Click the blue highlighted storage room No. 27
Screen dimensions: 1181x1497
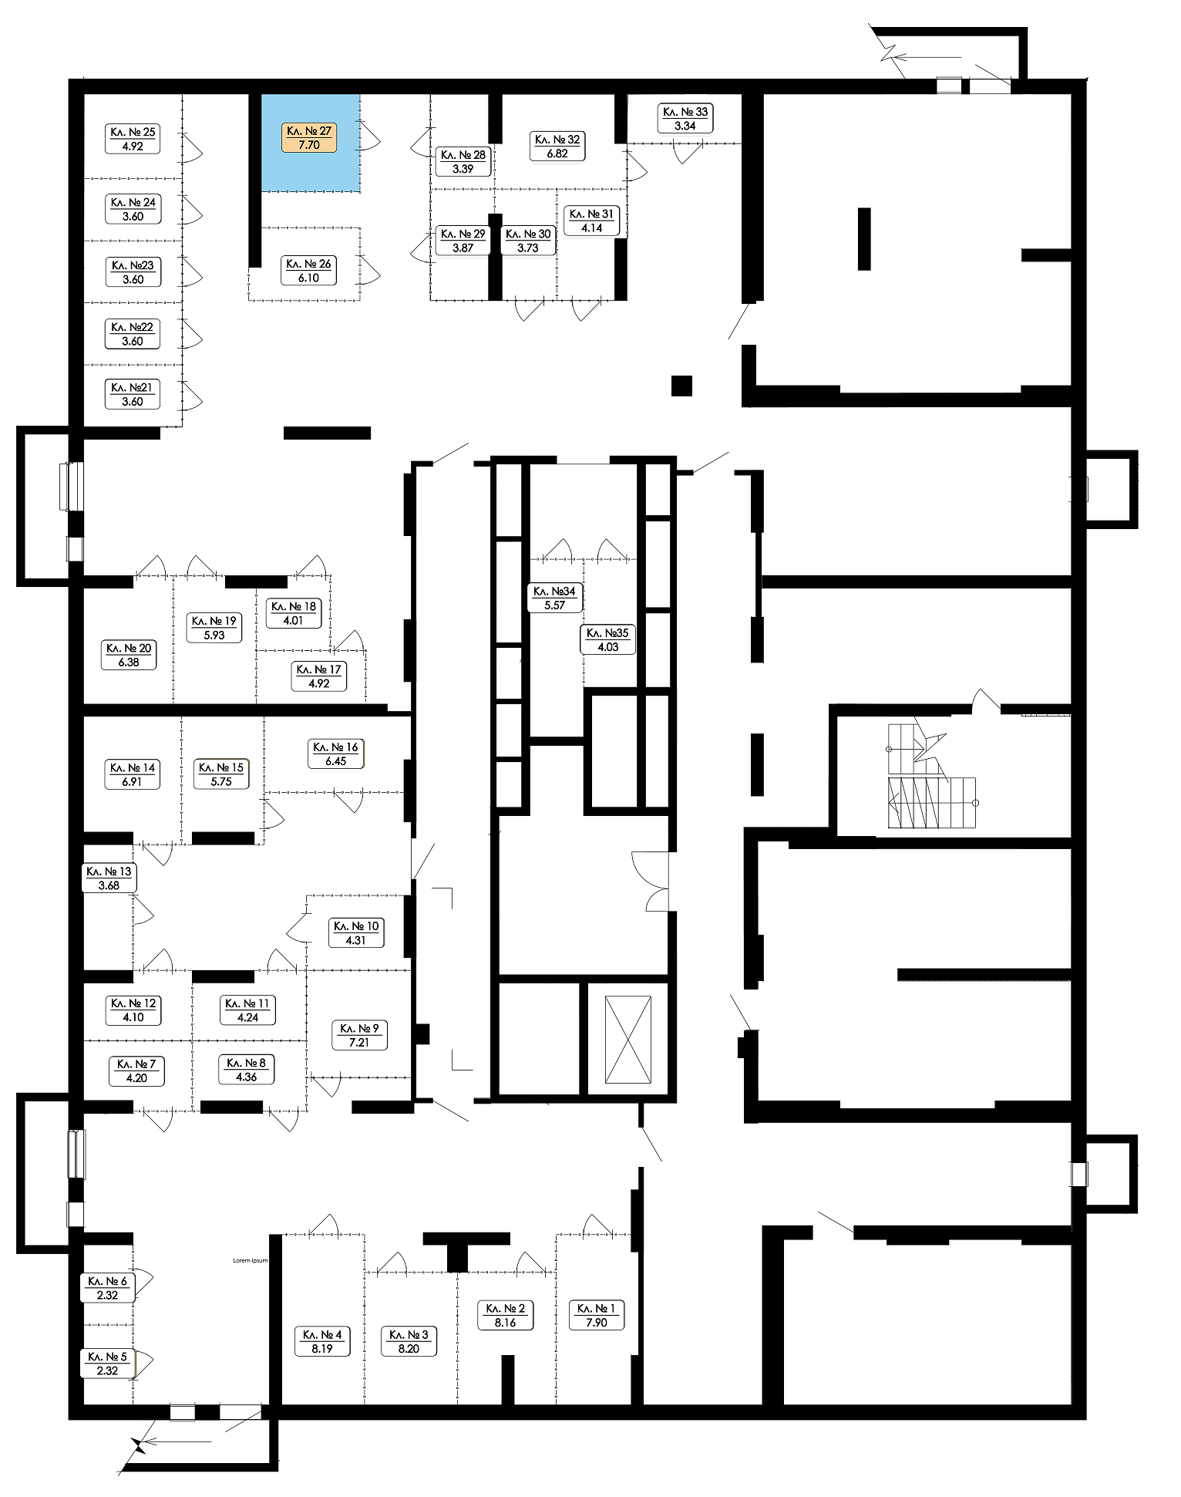point(310,143)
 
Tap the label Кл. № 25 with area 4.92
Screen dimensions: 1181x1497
point(133,139)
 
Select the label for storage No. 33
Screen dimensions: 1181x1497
point(685,119)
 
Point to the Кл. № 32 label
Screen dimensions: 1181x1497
point(557,147)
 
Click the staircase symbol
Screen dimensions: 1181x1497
point(932,776)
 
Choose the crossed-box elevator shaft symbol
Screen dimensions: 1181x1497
point(628,1040)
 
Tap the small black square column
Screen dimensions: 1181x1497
point(681,385)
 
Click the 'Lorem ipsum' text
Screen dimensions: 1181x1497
point(251,1260)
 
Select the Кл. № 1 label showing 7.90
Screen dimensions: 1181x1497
point(597,1315)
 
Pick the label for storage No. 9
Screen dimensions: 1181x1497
point(359,1035)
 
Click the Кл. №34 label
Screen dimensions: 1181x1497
point(554,598)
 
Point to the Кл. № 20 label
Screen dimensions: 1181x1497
point(129,655)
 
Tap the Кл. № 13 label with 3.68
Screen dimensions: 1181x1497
point(109,878)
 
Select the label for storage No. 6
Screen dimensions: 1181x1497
point(108,1288)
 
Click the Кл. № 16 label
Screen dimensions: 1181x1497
point(336,754)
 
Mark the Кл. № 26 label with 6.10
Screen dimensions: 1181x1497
point(308,271)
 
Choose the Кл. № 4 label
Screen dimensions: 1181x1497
point(322,1341)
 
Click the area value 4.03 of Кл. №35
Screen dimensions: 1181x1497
point(608,648)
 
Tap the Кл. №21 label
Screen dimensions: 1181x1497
point(133,394)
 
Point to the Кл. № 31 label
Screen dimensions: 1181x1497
point(592,221)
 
